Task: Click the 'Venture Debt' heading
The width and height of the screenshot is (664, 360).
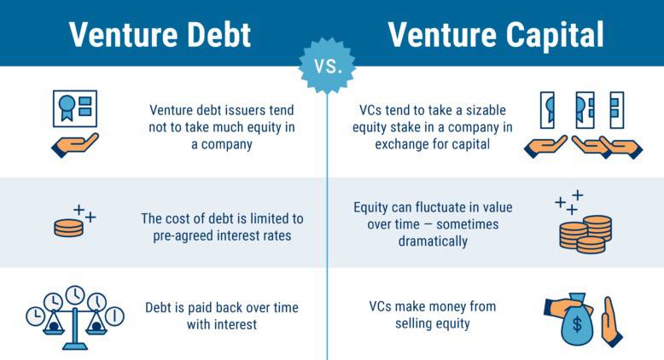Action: [x=160, y=34]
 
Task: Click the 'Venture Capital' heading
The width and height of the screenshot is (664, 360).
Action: [x=495, y=34]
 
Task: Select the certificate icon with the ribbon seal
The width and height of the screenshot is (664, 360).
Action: [x=75, y=109]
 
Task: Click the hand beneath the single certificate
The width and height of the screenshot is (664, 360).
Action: [x=75, y=143]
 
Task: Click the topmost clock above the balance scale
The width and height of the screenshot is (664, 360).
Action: [x=75, y=294]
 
